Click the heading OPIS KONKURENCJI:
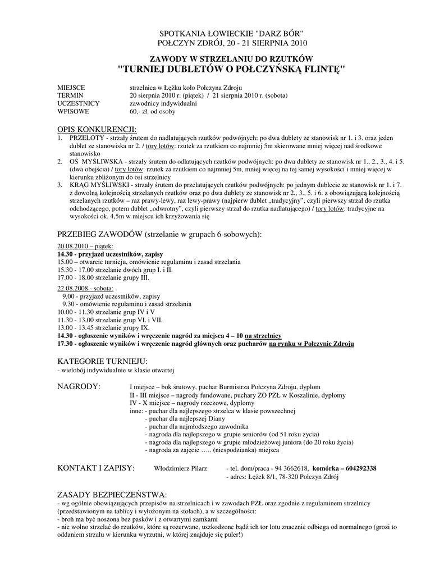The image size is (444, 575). (97, 129)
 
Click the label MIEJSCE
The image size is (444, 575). (71, 88)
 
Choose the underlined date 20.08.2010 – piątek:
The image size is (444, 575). (85, 247)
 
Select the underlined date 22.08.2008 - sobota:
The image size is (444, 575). (85, 288)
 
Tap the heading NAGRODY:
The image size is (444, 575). (80, 387)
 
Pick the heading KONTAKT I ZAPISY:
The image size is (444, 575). (96, 468)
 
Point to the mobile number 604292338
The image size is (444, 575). (361, 469)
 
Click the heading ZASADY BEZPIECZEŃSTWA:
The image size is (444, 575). (112, 495)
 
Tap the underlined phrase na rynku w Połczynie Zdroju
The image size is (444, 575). (312, 343)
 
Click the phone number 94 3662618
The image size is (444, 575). (291, 469)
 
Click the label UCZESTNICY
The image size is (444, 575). (79, 104)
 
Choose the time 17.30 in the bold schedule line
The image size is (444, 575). (65, 343)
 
